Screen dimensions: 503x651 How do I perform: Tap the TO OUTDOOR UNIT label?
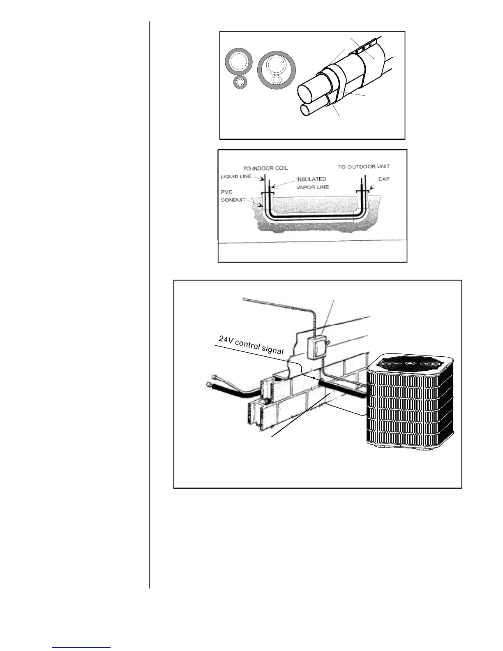pyautogui.click(x=364, y=167)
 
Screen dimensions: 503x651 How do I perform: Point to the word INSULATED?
pyautogui.click(x=311, y=179)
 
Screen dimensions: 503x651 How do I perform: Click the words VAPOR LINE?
pyautogui.click(x=313, y=187)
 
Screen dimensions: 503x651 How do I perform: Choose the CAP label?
pyautogui.click(x=383, y=179)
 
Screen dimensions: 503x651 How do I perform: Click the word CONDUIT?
pyautogui.click(x=233, y=200)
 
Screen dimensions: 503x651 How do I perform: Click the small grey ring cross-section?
pyautogui.click(x=240, y=82)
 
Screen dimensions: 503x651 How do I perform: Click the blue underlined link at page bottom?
pyautogui.click(x=82, y=647)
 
